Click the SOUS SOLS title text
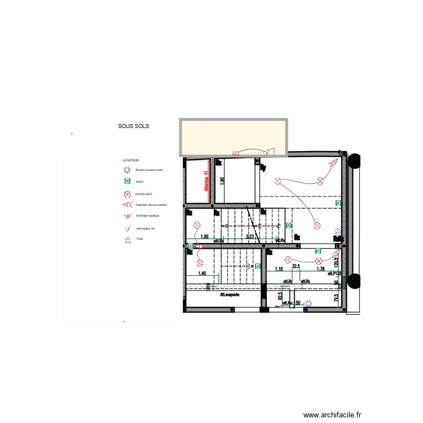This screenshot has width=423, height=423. [x=133, y=126]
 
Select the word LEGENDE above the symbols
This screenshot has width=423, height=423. [x=131, y=160]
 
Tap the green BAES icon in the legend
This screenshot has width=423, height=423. [x=127, y=182]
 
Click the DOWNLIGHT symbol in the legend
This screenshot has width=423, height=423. [x=127, y=194]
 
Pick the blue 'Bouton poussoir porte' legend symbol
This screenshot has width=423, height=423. [x=127, y=170]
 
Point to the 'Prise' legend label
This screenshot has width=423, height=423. [x=139, y=239]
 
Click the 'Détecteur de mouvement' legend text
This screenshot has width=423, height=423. [x=151, y=205]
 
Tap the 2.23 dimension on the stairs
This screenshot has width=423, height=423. [x=250, y=237]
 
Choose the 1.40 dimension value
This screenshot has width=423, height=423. [x=201, y=273]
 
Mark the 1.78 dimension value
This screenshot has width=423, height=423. [x=320, y=269]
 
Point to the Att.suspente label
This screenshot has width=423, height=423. [x=230, y=294]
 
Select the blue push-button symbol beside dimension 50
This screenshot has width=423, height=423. [x=308, y=303]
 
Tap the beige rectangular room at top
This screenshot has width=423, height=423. [x=233, y=136]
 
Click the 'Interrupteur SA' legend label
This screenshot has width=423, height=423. [x=145, y=228]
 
